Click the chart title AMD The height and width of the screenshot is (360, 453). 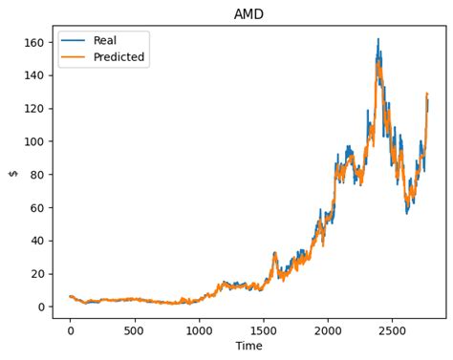click(x=248, y=14)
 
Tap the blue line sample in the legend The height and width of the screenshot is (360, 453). click(x=75, y=41)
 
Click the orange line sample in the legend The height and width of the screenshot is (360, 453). click(x=75, y=57)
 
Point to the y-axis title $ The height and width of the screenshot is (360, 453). click(x=13, y=173)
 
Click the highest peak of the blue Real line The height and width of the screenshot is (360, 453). click(x=377, y=39)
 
